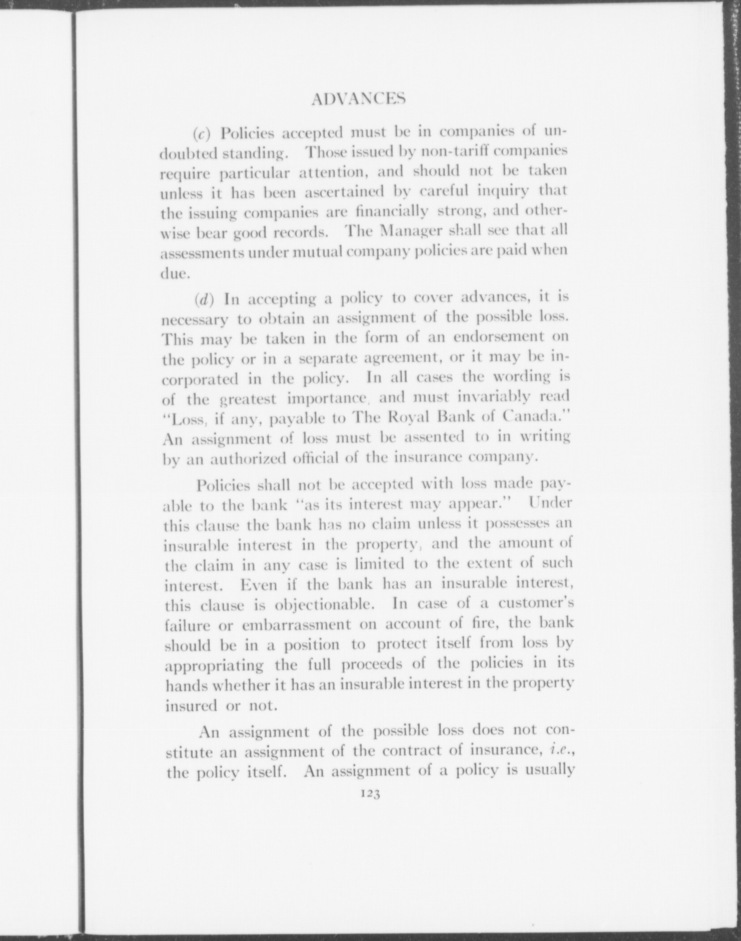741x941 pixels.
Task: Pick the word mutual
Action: tap(311, 251)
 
